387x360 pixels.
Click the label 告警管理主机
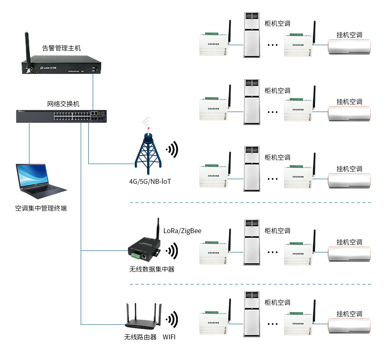[61, 48]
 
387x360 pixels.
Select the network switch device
[61, 116]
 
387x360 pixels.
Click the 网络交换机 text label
[63, 104]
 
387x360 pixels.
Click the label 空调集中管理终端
[41, 208]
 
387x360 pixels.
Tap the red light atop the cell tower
[148, 128]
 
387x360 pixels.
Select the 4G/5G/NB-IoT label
[150, 181]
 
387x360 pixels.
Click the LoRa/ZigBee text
[182, 231]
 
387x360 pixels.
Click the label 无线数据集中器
[152, 269]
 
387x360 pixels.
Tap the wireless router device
[143, 320]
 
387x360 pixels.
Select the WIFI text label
[169, 337]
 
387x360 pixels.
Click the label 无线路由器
[140, 337]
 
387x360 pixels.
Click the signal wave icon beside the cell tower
[173, 150]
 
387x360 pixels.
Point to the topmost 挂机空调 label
[349, 35]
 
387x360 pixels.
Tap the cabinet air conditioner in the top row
[252, 35]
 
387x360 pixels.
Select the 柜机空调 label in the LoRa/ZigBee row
[277, 231]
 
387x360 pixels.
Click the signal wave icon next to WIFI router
[173, 319]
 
